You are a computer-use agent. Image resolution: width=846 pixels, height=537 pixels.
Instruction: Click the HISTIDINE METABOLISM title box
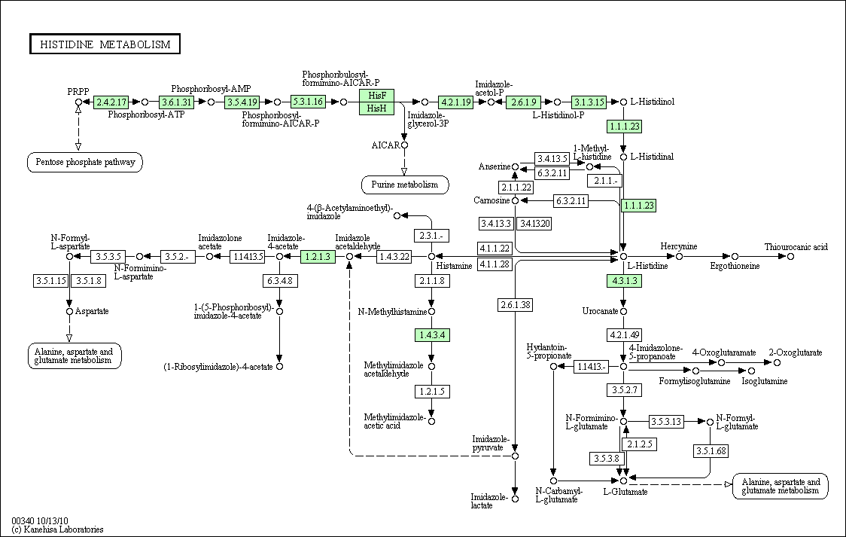tap(105, 44)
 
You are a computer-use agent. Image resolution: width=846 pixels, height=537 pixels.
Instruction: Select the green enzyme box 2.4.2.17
tap(111, 102)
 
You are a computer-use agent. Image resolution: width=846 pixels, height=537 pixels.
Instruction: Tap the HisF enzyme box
tap(377, 96)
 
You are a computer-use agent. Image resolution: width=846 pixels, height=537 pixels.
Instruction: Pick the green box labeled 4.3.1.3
tap(623, 281)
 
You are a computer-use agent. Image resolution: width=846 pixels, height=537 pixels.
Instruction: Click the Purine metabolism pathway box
tap(404, 185)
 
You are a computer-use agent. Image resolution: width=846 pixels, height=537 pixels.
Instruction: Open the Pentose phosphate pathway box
tap(85, 161)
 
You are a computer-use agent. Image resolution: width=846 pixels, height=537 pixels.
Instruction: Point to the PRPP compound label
tap(78, 91)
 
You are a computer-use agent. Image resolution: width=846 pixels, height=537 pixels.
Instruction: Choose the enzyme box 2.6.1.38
tap(515, 305)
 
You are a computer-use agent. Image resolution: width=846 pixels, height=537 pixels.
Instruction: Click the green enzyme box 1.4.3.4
tap(432, 334)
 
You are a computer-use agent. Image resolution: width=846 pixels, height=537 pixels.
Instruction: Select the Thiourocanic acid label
tap(796, 246)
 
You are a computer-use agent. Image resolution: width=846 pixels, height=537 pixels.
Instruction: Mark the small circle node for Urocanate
tap(623, 311)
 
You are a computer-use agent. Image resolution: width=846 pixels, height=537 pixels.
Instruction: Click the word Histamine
tap(455, 266)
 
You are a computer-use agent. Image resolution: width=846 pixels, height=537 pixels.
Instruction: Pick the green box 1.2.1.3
tap(318, 257)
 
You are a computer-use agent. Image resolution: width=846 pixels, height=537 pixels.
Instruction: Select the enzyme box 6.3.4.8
tap(279, 281)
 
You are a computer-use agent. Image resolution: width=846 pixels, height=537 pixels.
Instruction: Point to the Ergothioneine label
tap(735, 266)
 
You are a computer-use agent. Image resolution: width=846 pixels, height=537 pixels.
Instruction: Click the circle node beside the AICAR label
tap(404, 145)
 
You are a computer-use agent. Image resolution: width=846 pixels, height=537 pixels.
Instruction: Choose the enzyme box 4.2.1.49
tap(623, 334)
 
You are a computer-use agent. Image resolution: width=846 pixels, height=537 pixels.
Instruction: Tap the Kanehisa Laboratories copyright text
tap(58, 529)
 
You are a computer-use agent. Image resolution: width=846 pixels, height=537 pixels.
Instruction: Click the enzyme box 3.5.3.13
tap(666, 422)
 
